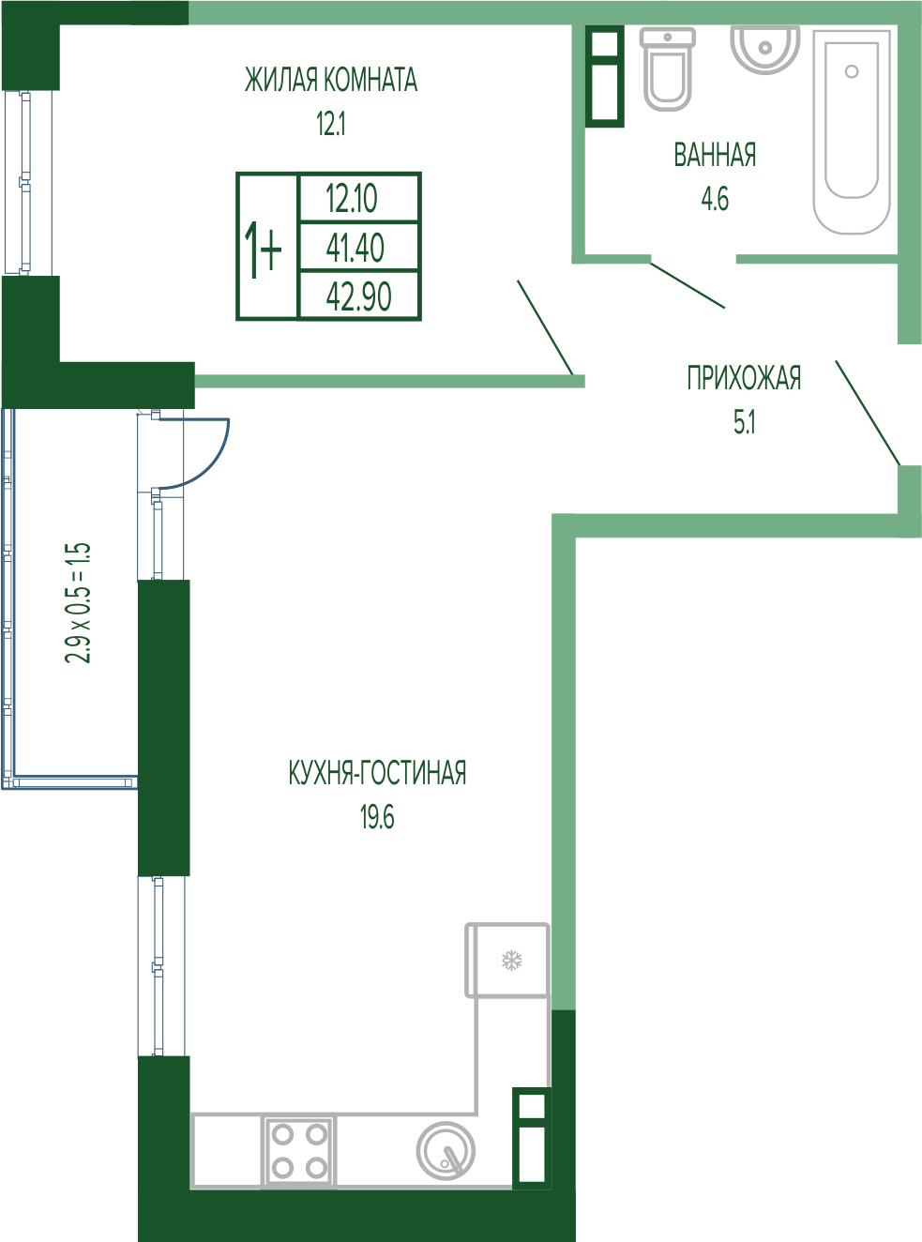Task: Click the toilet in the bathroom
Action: tap(667, 69)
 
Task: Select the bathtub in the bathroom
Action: tap(852, 132)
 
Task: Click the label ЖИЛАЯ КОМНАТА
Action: tap(331, 80)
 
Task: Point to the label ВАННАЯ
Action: tap(715, 155)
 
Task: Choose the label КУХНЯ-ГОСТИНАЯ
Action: tap(377, 773)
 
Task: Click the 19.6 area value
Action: tap(377, 817)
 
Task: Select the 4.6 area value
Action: tap(715, 199)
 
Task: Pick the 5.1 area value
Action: tap(745, 422)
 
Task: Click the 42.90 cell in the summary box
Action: tap(358, 296)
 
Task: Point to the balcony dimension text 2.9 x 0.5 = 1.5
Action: tap(78, 603)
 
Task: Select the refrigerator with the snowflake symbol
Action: tap(507, 961)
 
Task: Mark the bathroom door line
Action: tap(688, 285)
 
